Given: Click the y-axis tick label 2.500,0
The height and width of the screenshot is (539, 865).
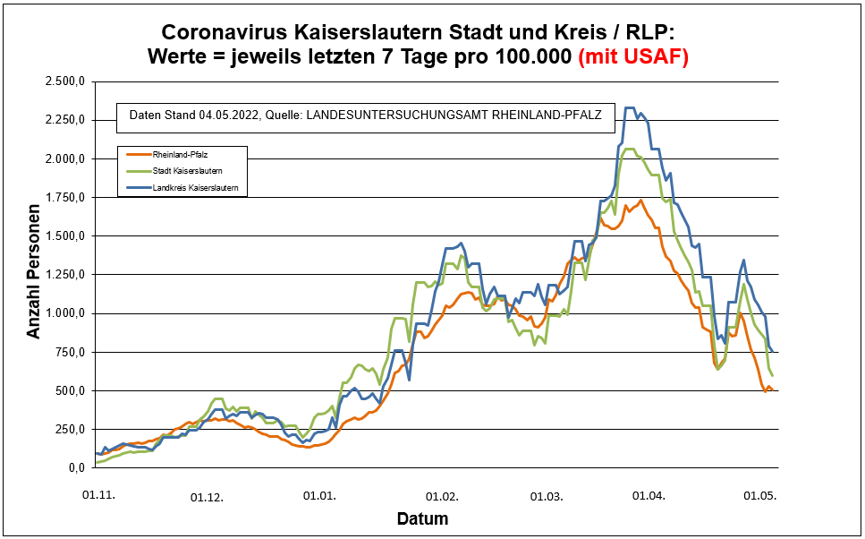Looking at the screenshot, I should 64,81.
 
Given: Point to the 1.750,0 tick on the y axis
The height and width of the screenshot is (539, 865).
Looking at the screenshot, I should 64,197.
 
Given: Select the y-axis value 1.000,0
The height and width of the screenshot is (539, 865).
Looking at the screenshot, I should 64,313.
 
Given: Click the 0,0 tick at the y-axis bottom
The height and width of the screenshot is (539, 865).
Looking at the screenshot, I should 75,467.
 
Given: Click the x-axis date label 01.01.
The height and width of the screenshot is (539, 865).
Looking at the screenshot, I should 319,494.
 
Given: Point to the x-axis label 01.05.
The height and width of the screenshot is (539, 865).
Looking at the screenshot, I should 759,494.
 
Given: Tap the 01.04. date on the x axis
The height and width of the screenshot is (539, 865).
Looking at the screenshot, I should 650,494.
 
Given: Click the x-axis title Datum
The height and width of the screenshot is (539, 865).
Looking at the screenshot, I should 422,518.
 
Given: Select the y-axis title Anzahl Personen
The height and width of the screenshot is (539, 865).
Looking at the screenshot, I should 34,275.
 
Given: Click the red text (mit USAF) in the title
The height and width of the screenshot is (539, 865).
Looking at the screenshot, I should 633,57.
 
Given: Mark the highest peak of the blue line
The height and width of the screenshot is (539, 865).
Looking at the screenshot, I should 630,108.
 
